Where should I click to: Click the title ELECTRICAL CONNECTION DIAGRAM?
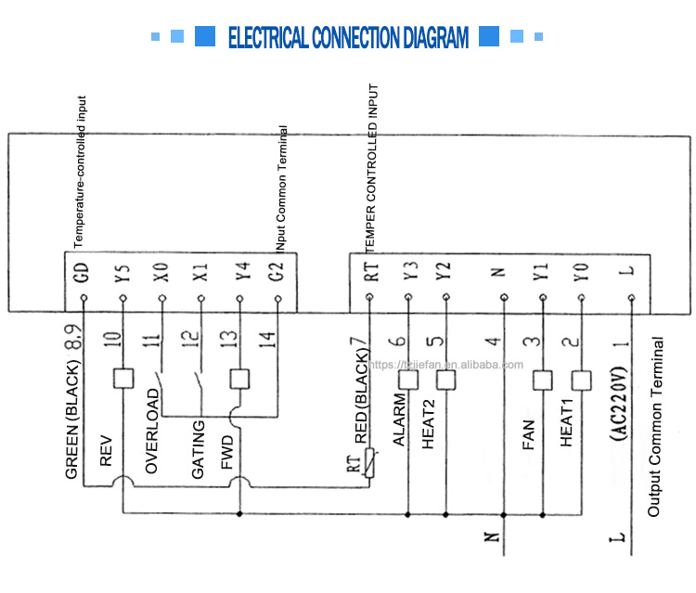point(348,37)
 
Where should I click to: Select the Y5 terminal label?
point(122,272)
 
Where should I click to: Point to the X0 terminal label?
point(161,272)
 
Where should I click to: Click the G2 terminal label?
point(279,272)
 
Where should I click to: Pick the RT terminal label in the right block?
point(369,272)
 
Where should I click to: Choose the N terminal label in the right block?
point(502,272)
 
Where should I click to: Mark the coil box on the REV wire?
point(122,378)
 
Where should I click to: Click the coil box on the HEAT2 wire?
point(446,378)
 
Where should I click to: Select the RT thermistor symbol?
point(369,462)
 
